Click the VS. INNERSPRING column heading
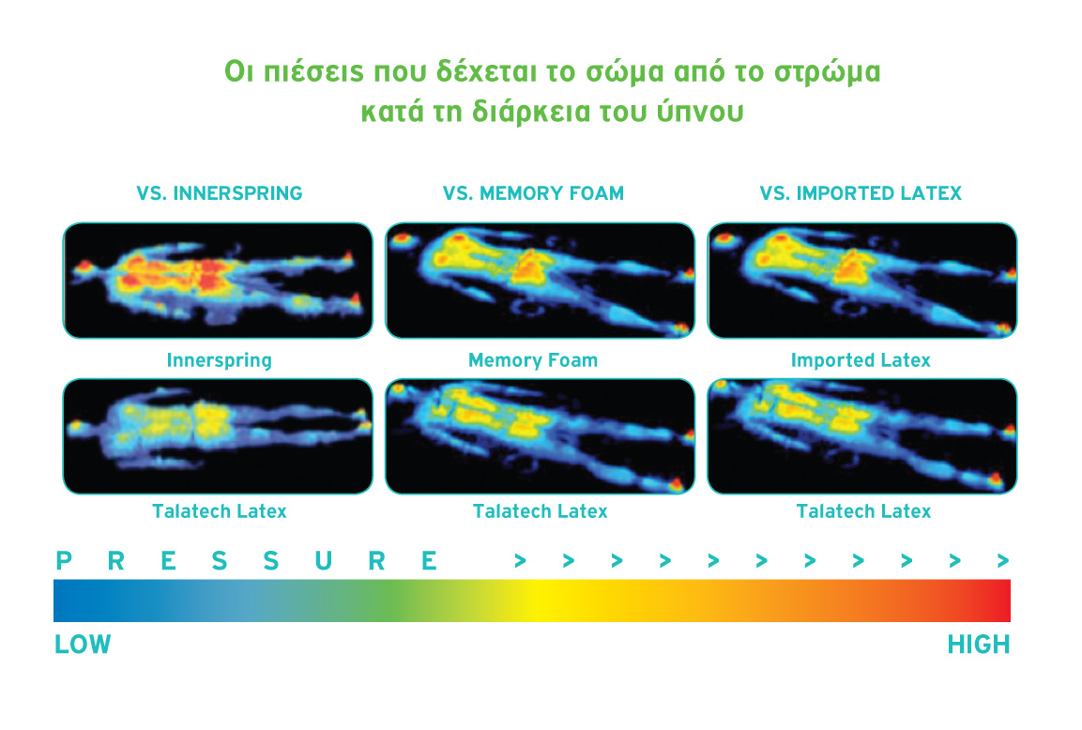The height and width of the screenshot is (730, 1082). (220, 193)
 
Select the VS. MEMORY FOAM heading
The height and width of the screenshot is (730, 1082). (533, 193)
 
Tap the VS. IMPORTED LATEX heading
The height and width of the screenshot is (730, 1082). (861, 193)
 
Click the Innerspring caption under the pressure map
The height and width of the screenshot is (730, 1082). (220, 360)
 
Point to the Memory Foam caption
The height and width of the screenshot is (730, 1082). (533, 360)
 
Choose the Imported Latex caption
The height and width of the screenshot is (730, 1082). (861, 360)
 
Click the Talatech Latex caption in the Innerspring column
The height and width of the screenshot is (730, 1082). (220, 511)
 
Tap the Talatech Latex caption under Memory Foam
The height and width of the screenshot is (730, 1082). (541, 511)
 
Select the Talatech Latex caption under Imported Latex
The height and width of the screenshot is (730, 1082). (864, 511)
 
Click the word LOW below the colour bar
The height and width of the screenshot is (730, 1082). (83, 645)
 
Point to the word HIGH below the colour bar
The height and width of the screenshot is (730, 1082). (979, 645)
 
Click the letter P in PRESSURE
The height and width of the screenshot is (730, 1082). (64, 561)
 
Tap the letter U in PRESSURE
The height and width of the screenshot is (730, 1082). (323, 561)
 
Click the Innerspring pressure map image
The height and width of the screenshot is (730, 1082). (218, 281)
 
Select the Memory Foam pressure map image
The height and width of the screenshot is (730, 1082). (541, 281)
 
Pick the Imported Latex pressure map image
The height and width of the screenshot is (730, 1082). (862, 281)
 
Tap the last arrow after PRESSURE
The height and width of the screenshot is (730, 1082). (1003, 561)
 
